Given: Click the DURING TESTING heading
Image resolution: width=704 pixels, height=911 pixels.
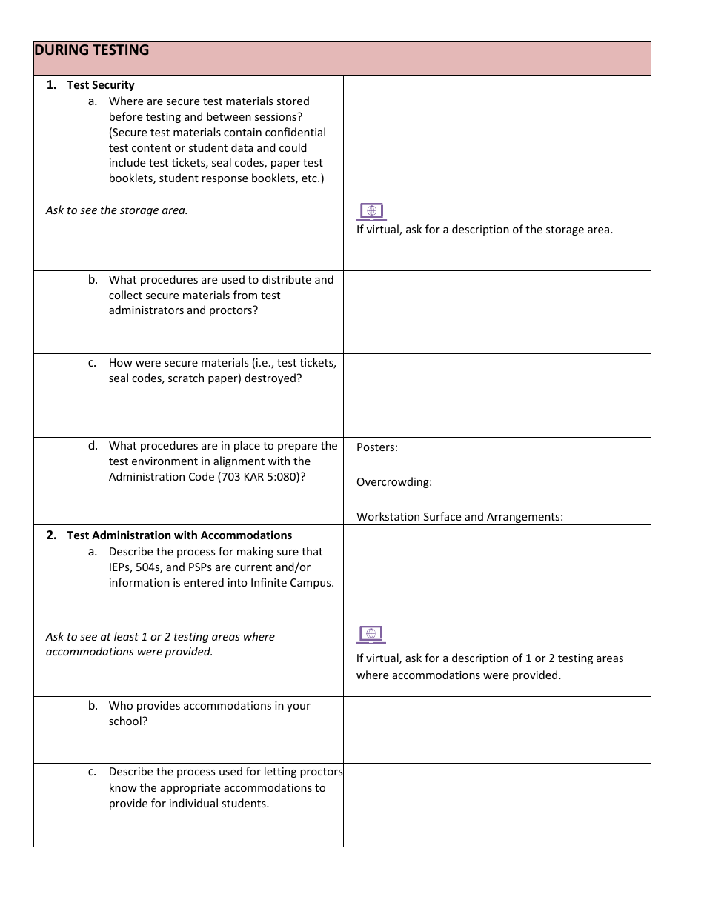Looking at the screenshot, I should pyautogui.click(x=91, y=50).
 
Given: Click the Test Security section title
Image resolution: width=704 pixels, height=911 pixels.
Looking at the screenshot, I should pyautogui.click(x=101, y=85).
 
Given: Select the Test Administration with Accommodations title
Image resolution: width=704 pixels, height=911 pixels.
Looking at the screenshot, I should pyautogui.click(x=179, y=535).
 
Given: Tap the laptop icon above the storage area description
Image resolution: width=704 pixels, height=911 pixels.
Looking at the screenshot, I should pyautogui.click(x=371, y=212).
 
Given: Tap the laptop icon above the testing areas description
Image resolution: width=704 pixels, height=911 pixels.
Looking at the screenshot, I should pyautogui.click(x=371, y=635).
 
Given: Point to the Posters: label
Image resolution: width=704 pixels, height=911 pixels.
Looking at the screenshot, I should pyautogui.click(x=376, y=447).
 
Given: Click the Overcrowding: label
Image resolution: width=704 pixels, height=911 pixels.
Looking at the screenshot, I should pyautogui.click(x=393, y=482).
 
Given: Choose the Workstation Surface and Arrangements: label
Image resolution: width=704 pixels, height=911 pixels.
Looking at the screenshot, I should pyautogui.click(x=459, y=517).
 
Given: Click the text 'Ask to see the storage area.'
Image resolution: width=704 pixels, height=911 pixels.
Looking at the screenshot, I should pyautogui.click(x=117, y=210).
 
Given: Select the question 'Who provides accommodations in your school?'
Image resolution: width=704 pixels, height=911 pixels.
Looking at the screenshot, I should pyautogui.click(x=209, y=713).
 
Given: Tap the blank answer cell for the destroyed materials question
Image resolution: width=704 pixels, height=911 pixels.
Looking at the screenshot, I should pyautogui.click(x=497, y=396).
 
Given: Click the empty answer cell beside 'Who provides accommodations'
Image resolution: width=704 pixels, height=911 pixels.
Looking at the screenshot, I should pyautogui.click(x=497, y=730).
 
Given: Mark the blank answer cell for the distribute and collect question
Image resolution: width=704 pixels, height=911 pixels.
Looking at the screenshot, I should pyautogui.click(x=497, y=312).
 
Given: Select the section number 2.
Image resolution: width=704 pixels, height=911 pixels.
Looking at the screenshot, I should pyautogui.click(x=51, y=535).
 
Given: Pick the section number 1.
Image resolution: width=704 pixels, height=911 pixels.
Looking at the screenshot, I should pyautogui.click(x=51, y=84).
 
